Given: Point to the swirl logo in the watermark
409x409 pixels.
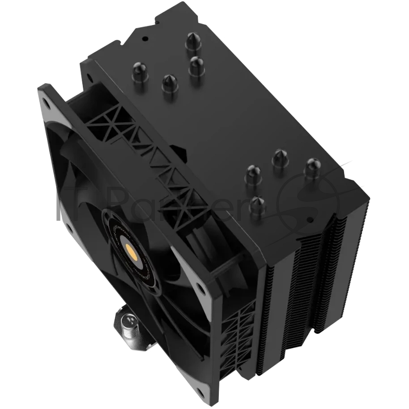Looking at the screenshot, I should pyautogui.click(x=307, y=199).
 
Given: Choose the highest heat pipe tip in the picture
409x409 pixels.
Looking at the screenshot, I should pyautogui.click(x=193, y=40).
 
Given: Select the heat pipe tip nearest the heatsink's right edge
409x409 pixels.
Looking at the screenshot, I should pyautogui.click(x=313, y=167).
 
